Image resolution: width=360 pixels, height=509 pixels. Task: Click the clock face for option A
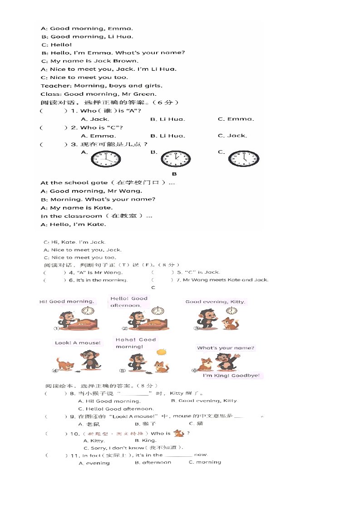pos(106,159)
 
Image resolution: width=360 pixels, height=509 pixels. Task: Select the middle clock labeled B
pos(176,159)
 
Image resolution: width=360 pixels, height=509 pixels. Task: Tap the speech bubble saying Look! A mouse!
pos(78,343)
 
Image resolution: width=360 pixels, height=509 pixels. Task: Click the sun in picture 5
pos(161,352)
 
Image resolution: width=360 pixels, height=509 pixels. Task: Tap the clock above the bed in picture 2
pos(158,310)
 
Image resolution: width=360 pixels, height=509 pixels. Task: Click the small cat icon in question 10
pos(179,434)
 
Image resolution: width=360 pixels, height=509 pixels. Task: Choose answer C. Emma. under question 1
pos(236,119)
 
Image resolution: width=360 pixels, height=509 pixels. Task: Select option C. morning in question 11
pos(205,462)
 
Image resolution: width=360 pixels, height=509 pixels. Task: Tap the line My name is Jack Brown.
pos(89,61)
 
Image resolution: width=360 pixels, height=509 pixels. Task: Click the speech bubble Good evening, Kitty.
pos(215,301)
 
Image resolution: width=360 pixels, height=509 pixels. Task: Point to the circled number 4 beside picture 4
pos(55,371)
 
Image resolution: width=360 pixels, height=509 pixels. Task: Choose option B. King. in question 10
pos(145,440)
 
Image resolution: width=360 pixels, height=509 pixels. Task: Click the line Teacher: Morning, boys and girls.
pos(101,86)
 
